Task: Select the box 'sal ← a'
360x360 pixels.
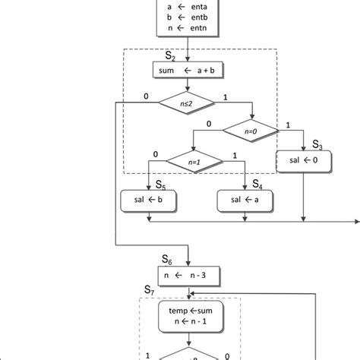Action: click(244, 201)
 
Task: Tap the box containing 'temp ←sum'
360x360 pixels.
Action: click(188, 315)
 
